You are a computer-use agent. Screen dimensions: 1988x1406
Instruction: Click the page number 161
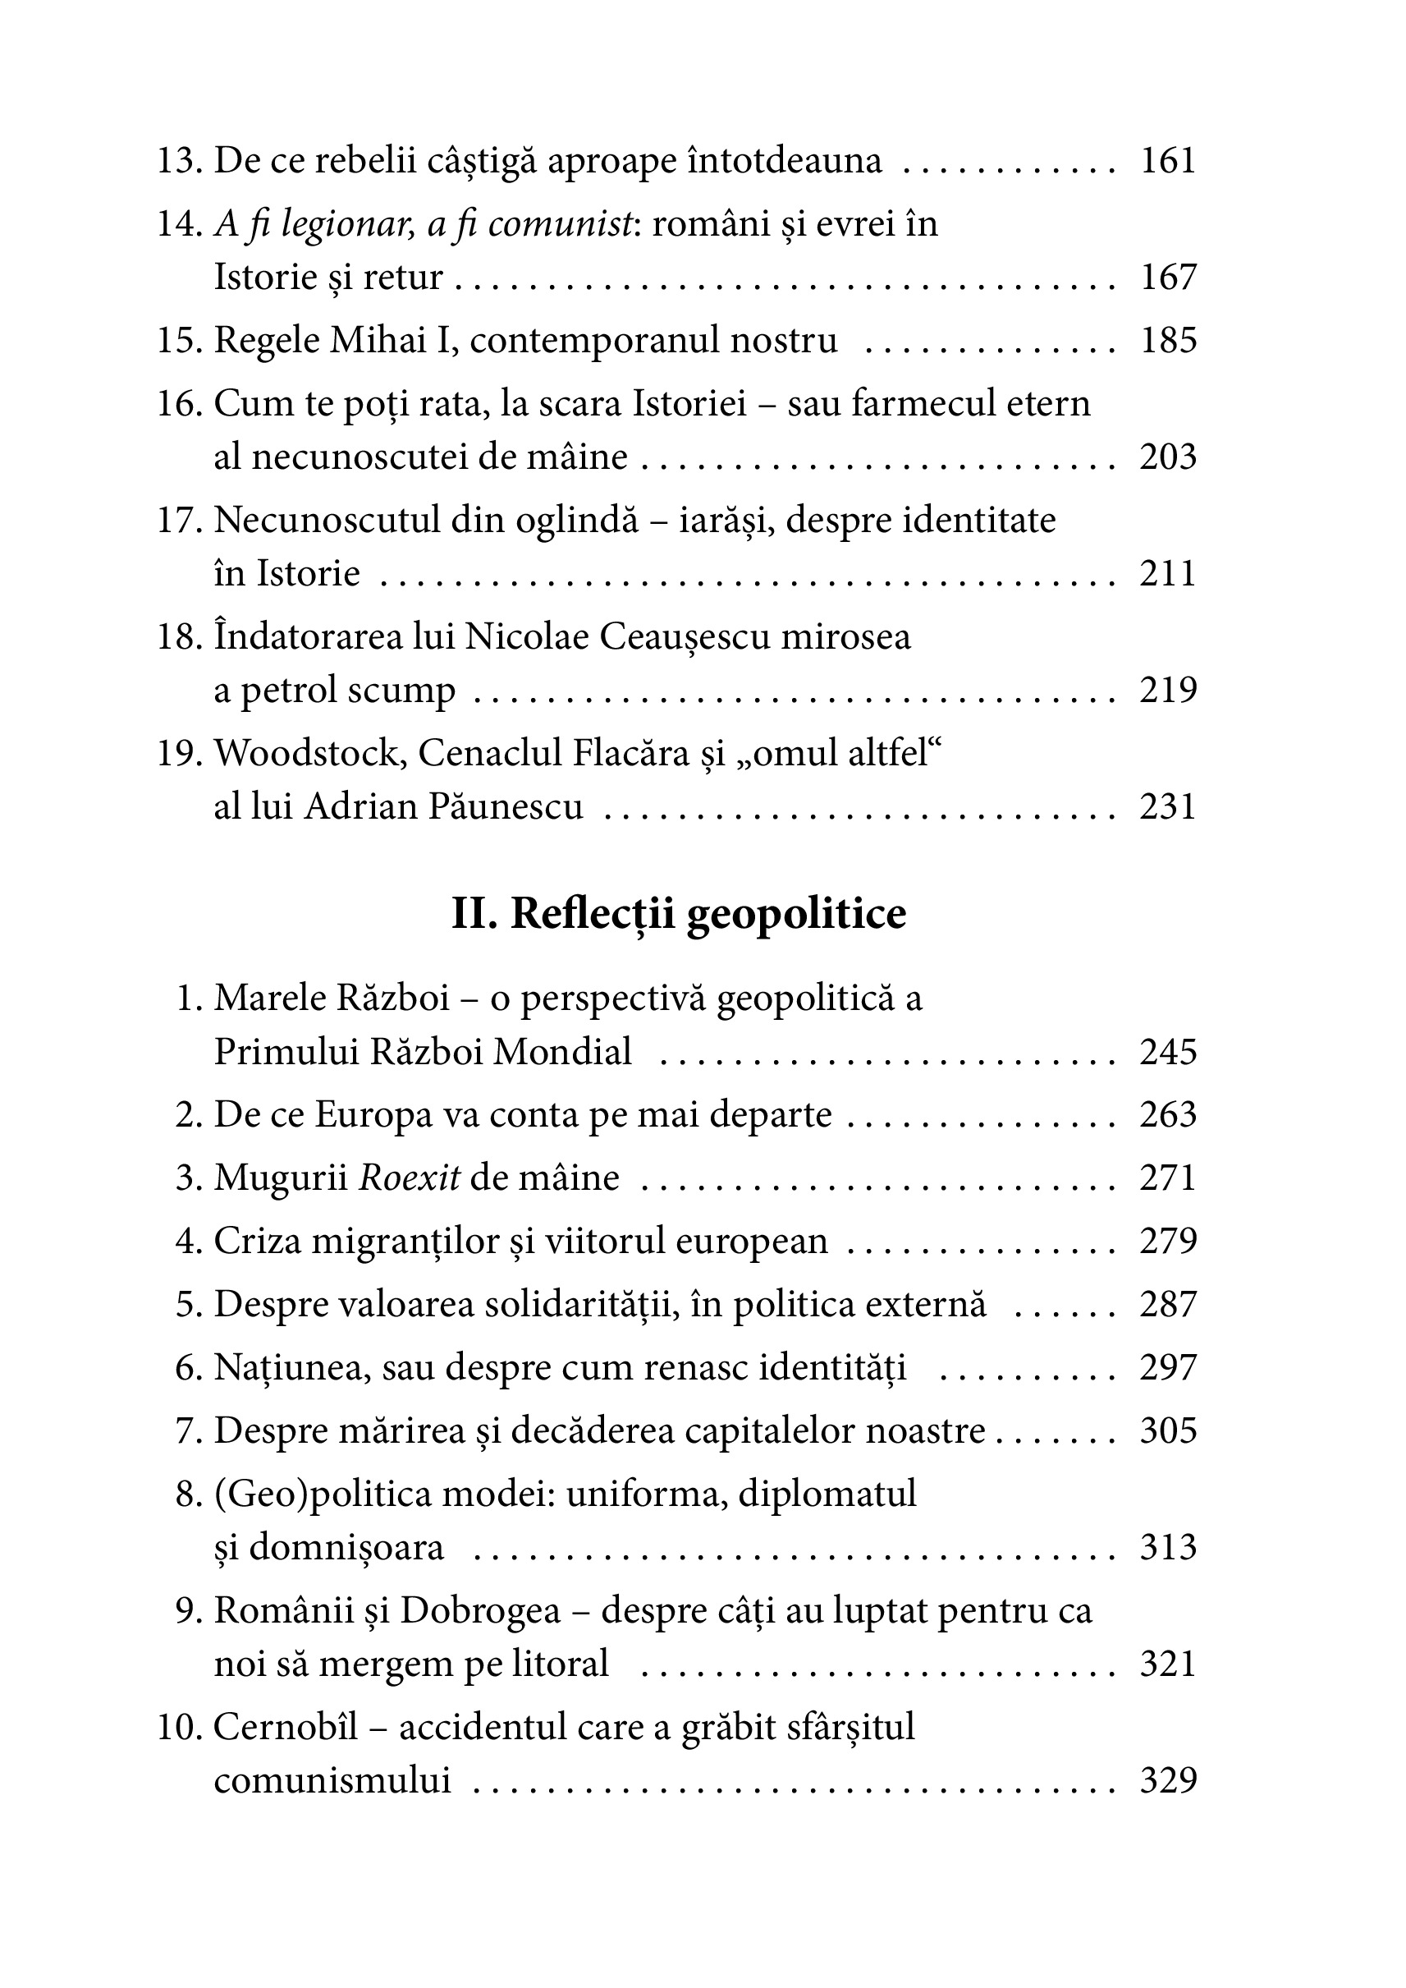1167,161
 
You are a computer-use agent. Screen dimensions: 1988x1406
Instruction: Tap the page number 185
1167,341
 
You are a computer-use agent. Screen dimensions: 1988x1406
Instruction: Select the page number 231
1167,806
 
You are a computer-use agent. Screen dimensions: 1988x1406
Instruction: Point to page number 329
1167,1780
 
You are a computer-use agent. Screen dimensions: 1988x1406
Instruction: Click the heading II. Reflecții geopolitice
679,914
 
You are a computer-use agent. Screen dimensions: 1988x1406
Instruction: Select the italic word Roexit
410,1178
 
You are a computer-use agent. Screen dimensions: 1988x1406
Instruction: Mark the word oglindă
578,521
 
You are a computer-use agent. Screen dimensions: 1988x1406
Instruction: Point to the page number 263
1167,1115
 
